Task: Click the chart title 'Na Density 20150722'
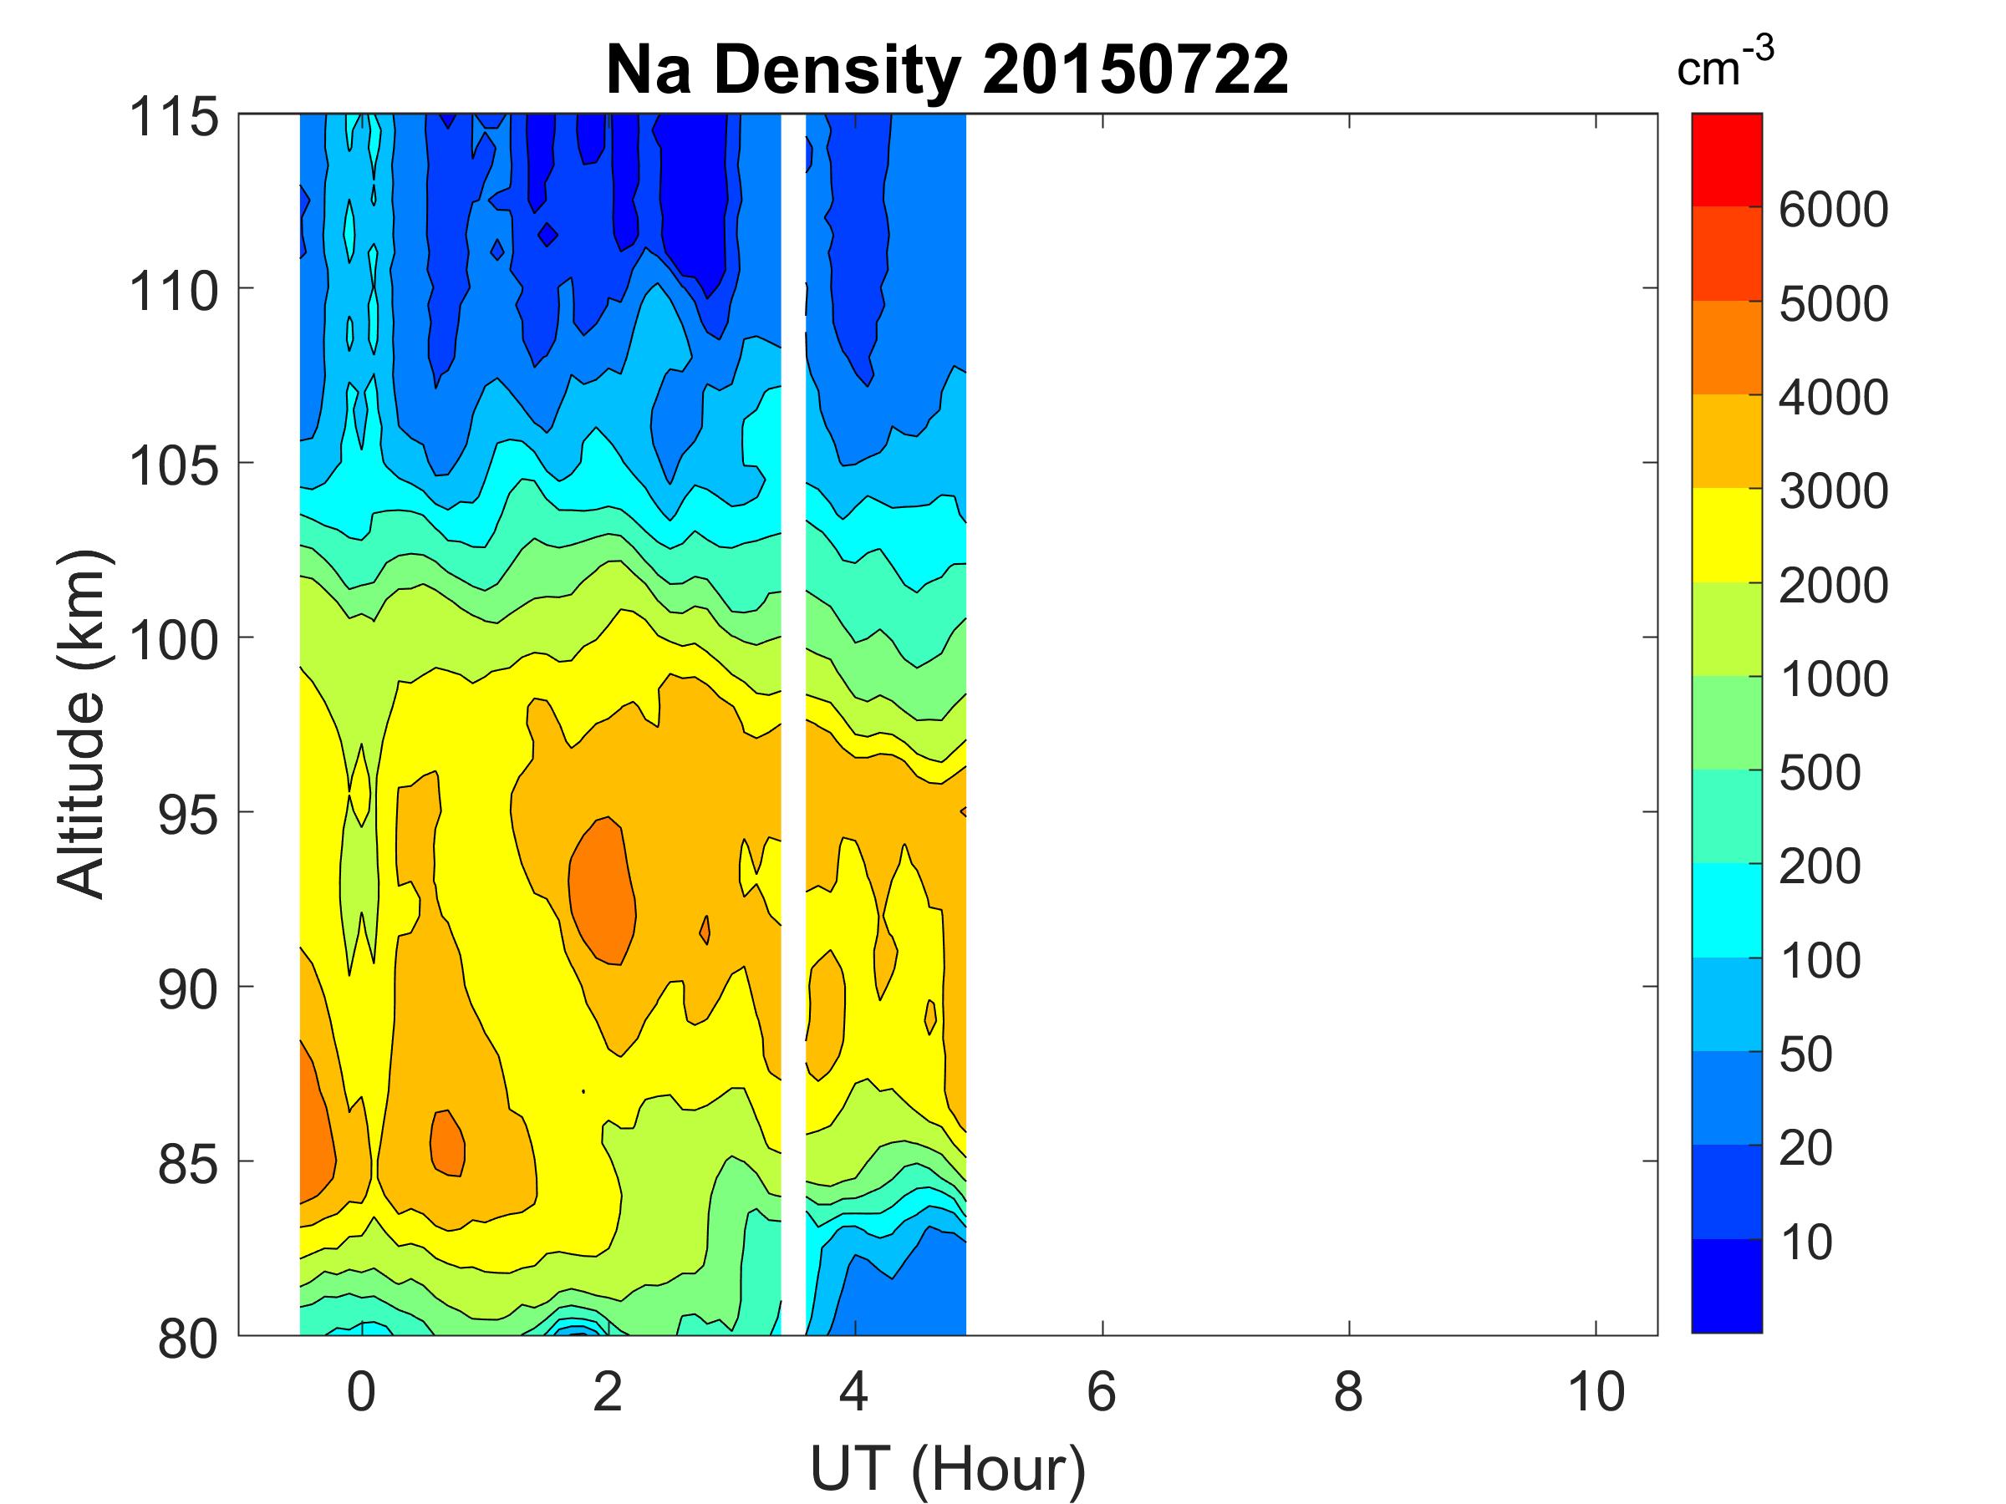coord(947,71)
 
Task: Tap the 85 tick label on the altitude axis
coord(188,1164)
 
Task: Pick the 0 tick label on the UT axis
coord(361,1391)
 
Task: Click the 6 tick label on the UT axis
coord(1101,1391)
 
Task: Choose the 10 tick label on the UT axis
coord(1596,1391)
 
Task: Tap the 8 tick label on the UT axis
coord(1348,1391)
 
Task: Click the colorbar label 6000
coord(1833,211)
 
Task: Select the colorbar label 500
coord(1819,773)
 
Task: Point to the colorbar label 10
coord(1806,1242)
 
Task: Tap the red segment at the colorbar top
coord(1726,160)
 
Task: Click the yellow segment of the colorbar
coord(1726,535)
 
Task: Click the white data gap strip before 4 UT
coord(793,725)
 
